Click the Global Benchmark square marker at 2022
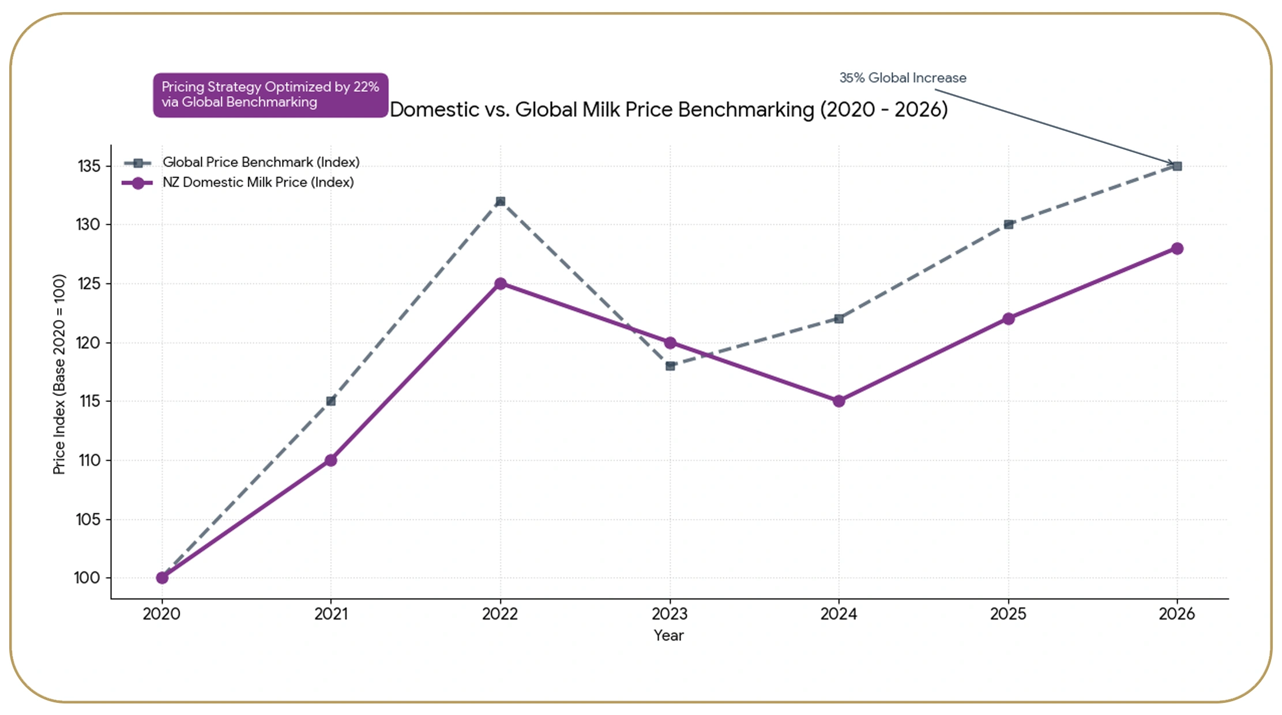pyautogui.click(x=501, y=201)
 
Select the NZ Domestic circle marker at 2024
pyautogui.click(x=839, y=401)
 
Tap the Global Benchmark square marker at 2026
pyautogui.click(x=1178, y=166)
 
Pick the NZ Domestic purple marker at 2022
pyautogui.click(x=501, y=284)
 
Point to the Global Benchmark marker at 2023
pyautogui.click(x=670, y=366)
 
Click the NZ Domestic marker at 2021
pyautogui.click(x=331, y=460)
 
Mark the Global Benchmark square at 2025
pyautogui.click(x=1009, y=224)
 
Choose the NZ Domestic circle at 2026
pyautogui.click(x=1178, y=249)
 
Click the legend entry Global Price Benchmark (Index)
pyautogui.click(x=261, y=162)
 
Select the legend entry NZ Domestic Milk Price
pyautogui.click(x=258, y=182)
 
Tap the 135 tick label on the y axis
pyautogui.click(x=89, y=166)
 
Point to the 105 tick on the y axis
pyautogui.click(x=88, y=520)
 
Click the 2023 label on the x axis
pyautogui.click(x=670, y=614)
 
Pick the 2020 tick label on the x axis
pyautogui.click(x=161, y=614)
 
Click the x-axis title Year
pyautogui.click(x=668, y=635)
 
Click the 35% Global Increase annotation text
pyautogui.click(x=903, y=78)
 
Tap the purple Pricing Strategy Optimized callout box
pyautogui.click(x=270, y=95)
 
